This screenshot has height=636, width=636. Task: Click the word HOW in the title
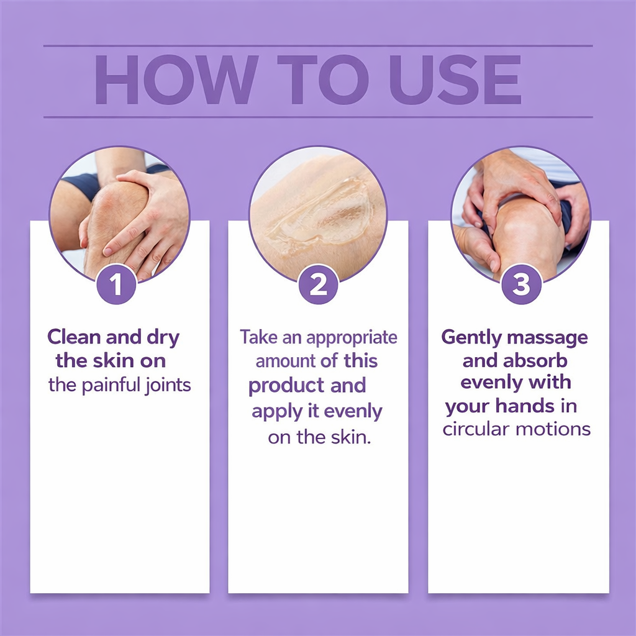click(x=176, y=80)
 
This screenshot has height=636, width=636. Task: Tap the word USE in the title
click(x=455, y=80)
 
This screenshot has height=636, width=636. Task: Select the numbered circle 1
click(x=116, y=284)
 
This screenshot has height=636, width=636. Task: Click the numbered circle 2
click(x=319, y=284)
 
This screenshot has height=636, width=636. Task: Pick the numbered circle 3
click(x=521, y=284)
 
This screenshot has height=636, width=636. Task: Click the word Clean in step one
click(x=74, y=337)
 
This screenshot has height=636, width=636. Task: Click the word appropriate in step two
click(x=352, y=338)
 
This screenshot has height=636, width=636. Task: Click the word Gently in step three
click(x=471, y=337)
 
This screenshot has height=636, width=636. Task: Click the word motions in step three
click(x=553, y=429)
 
